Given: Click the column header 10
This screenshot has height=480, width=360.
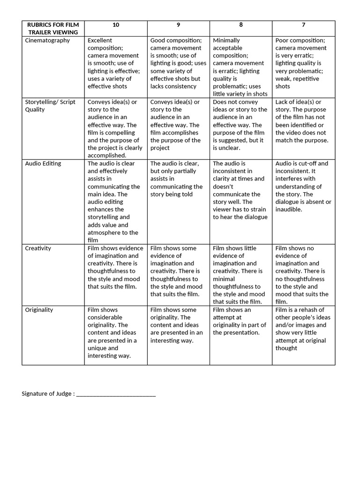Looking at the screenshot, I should pyautogui.click(x=116, y=24).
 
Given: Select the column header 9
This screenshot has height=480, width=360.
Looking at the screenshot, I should pyautogui.click(x=178, y=24).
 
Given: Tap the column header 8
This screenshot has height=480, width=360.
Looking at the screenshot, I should pyautogui.click(x=241, y=24).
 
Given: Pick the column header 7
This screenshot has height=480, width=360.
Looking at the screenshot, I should pyautogui.click(x=304, y=24).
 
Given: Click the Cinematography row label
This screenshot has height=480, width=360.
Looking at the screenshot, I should pyautogui.click(x=47, y=40).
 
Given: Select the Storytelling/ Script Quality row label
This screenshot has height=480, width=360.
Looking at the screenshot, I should pyautogui.click(x=49, y=105).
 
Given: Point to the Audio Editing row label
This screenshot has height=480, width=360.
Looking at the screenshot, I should pyautogui.click(x=43, y=164).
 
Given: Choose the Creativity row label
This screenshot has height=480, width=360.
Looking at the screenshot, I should pyautogui.click(x=38, y=248).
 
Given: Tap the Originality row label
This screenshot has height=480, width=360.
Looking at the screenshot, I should pyautogui.click(x=39, y=310).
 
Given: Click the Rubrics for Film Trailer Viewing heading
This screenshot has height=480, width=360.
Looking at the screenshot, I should pyautogui.click(x=53, y=28).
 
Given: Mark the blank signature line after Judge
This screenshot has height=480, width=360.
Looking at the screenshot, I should pyautogui.click(x=116, y=394).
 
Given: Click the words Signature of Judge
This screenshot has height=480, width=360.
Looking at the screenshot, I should pyautogui.click(x=47, y=394).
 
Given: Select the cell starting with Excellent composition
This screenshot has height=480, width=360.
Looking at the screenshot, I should pyautogui.click(x=115, y=63).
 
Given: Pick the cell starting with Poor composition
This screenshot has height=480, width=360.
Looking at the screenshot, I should pyautogui.click(x=303, y=63).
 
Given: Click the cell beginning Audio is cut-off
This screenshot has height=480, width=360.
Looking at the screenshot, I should pyautogui.click(x=303, y=186).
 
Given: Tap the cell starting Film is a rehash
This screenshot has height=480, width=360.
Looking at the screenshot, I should pyautogui.click(x=303, y=329).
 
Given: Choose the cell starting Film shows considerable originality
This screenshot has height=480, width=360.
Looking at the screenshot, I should pyautogui.click(x=115, y=333).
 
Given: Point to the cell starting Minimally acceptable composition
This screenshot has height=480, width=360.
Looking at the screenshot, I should pyautogui.click(x=240, y=67).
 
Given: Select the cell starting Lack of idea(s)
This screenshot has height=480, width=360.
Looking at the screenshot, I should pyautogui.click(x=303, y=121).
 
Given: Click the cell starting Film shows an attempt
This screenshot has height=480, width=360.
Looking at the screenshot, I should pyautogui.click(x=240, y=321).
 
